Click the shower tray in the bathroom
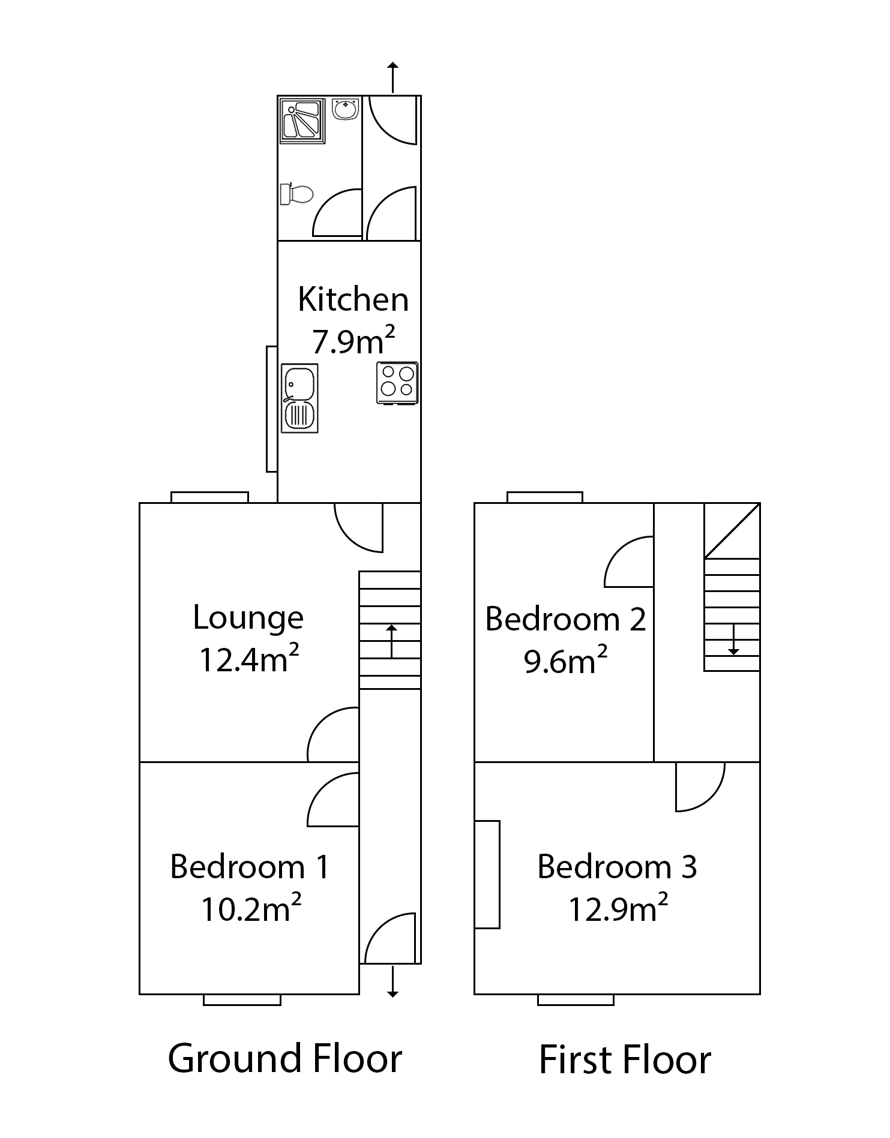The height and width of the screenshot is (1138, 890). click(302, 121)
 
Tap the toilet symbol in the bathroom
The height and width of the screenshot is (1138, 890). click(297, 194)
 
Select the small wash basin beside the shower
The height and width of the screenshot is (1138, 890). click(346, 109)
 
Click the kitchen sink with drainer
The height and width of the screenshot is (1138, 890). click(299, 398)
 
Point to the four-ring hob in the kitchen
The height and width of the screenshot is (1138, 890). click(397, 382)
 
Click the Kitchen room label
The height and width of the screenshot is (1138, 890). click(353, 299)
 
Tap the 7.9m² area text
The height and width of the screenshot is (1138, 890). click(353, 341)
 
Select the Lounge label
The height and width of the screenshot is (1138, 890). click(248, 618)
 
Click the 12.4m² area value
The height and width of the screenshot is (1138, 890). click(248, 660)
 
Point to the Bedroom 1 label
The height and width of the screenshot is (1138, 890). click(250, 867)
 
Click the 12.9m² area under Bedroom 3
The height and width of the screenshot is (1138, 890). click(618, 909)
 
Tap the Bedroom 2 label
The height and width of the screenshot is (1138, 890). click(565, 619)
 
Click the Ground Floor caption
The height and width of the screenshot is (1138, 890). click(284, 1058)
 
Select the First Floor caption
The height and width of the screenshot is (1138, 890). click(624, 1059)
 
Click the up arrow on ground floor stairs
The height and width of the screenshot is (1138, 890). click(391, 641)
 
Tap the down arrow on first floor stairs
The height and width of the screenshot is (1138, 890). click(733, 640)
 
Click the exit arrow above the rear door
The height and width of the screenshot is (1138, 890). click(392, 77)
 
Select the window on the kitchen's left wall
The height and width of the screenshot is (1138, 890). click(271, 409)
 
